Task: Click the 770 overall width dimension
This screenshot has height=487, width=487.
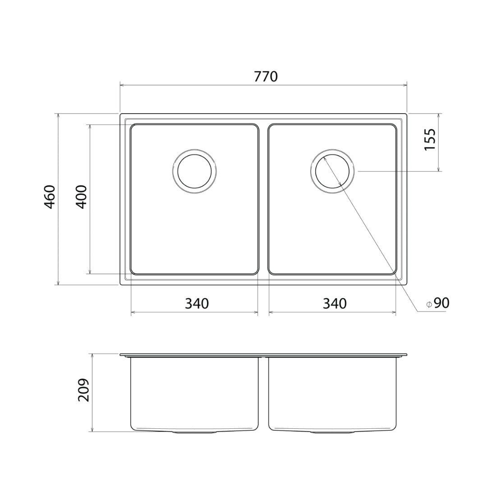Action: pos(266,77)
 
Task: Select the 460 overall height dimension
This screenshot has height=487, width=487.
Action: pos(49,197)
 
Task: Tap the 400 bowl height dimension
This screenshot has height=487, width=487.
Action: pos(81,197)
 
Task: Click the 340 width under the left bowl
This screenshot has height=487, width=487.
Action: pos(197,303)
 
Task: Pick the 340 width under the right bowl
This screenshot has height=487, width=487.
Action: pos(335,303)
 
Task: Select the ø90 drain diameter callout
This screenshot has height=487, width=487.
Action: pos(438,303)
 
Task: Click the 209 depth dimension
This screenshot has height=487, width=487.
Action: pos(83,390)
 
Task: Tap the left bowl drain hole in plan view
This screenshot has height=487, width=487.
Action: pos(194,171)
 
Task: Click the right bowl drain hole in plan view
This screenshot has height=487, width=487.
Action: pos(333,171)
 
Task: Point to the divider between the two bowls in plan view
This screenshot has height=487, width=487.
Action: pos(264,198)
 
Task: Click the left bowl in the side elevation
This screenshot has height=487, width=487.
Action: pos(194,392)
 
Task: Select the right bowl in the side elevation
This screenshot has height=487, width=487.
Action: pos(333,392)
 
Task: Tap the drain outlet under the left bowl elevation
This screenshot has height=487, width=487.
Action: pos(194,432)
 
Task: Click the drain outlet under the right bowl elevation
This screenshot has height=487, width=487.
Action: pos(333,432)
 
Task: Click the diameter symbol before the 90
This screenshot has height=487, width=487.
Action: pos(429,304)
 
